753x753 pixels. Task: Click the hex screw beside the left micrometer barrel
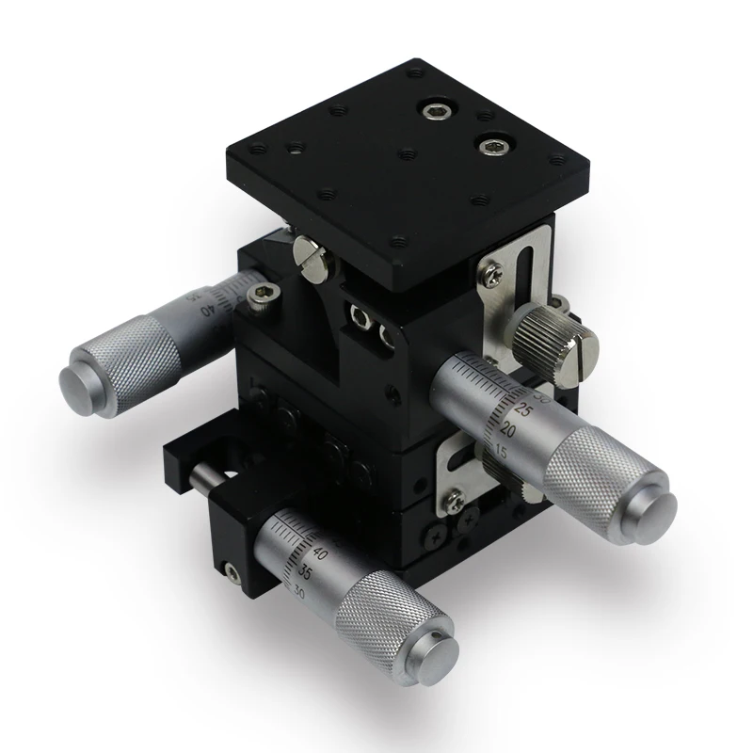coord(256,298)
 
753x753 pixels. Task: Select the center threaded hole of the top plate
coord(407,153)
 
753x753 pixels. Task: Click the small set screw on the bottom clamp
coord(228,569)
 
